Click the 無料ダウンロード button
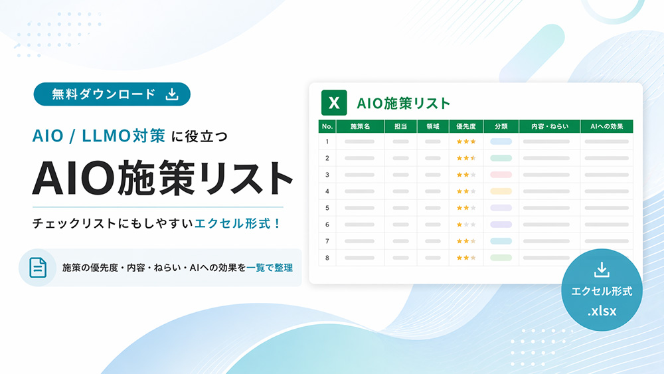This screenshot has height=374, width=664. pos(112,94)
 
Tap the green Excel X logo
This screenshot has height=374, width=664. pos(335,103)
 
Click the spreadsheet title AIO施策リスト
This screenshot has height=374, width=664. pos(403,103)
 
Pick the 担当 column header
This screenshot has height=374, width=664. pos(401,126)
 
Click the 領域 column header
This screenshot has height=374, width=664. pos(433,126)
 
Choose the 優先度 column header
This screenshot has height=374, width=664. pos(466,126)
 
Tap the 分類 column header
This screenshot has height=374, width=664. pos(501,126)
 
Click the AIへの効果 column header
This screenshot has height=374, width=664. pos(606,126)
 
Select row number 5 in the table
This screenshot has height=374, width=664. pos(327,208)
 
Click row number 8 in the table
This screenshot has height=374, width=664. pos(327,257)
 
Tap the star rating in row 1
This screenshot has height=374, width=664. pos(466,141)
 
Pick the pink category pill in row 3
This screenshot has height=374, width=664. pos(501,175)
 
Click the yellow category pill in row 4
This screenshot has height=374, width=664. pos(501,191)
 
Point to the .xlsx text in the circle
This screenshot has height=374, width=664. pos(602,310)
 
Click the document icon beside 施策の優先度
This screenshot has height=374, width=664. pos(37,268)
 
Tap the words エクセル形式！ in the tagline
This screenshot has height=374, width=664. pos(238,223)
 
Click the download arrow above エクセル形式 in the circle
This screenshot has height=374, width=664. pos(602,270)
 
